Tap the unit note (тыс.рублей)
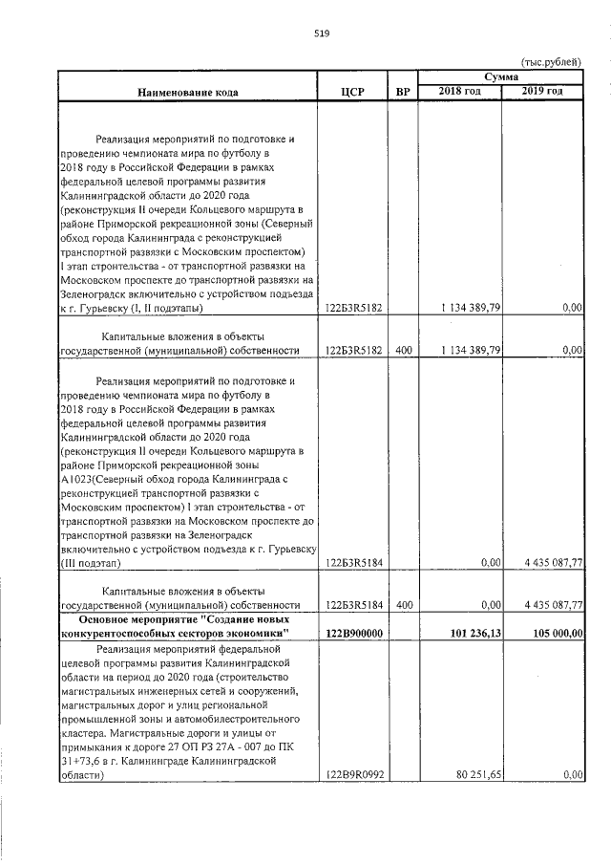[x=550, y=60]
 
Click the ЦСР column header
[x=353, y=93]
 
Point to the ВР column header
[x=403, y=93]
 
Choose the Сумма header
[x=500, y=76]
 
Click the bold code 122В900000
[x=354, y=633]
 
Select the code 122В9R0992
[x=354, y=775]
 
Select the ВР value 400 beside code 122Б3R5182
[x=403, y=351]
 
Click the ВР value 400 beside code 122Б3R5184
[x=403, y=605]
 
